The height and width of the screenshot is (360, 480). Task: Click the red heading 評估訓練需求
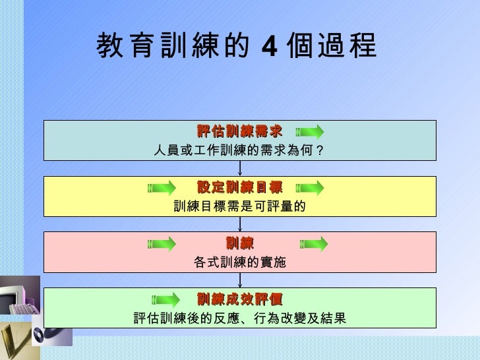(x=239, y=131)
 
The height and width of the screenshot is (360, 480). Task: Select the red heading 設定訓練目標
(x=239, y=187)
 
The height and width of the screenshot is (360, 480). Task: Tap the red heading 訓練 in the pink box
(x=239, y=243)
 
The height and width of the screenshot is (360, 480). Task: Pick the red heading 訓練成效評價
(x=239, y=300)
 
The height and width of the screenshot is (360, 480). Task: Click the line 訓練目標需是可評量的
(x=239, y=206)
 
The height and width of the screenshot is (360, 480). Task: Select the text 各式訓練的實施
(x=239, y=262)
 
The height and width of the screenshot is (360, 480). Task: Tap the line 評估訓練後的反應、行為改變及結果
(x=239, y=319)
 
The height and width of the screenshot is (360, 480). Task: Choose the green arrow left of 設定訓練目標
(x=162, y=188)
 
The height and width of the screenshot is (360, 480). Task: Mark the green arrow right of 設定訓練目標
(x=310, y=188)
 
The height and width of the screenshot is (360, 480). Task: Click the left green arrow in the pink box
(x=162, y=244)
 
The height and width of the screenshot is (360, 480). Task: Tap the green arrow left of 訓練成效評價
(x=162, y=301)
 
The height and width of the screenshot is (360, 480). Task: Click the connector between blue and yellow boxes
(x=240, y=168)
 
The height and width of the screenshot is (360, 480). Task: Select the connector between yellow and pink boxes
(x=240, y=224)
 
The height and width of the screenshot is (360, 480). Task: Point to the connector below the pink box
(x=240, y=280)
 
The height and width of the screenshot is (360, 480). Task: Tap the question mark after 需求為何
(x=320, y=150)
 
